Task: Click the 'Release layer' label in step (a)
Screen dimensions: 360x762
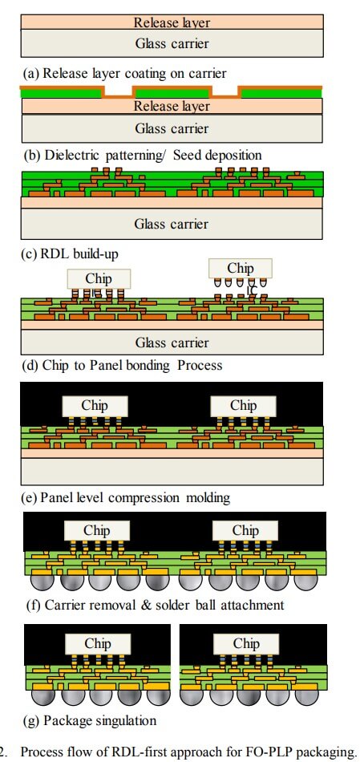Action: coord(172,22)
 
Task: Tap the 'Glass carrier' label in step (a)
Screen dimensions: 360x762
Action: coord(172,43)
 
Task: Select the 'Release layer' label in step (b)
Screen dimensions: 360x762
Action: coord(172,107)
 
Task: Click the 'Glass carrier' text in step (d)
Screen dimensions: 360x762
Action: coord(172,342)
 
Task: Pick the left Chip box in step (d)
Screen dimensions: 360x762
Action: coord(99,279)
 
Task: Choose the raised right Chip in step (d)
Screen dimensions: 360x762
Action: coord(241,268)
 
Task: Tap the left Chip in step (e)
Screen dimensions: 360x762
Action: coord(95,406)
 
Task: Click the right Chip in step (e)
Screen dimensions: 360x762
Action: coord(244,406)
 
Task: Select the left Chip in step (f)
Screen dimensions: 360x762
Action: coord(97,530)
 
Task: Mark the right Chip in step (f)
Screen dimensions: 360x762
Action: coord(245,530)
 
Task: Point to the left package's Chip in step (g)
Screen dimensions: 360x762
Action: coord(98,643)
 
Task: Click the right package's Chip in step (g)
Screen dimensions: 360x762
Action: coord(246,643)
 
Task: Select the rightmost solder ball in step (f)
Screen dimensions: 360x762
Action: coord(305,582)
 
